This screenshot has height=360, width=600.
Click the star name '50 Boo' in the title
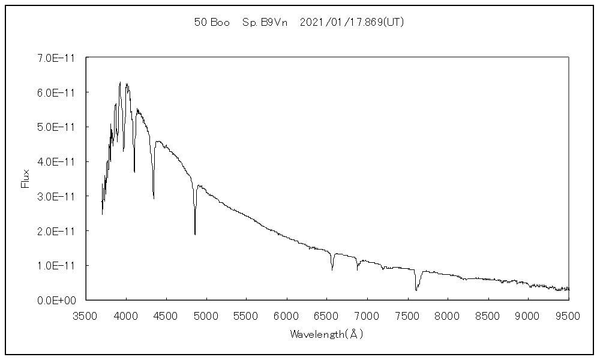(212, 22)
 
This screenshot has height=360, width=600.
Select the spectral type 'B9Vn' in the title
(274, 22)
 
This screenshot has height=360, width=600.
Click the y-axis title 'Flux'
(25, 179)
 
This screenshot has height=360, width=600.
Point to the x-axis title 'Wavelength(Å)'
(327, 334)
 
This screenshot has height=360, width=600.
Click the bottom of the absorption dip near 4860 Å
(195, 234)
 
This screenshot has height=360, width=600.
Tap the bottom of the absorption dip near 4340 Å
(154, 198)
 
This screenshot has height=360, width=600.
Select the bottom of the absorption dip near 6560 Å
(332, 269)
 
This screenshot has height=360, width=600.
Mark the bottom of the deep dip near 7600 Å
(416, 290)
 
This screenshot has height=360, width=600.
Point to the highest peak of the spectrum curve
(120, 82)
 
